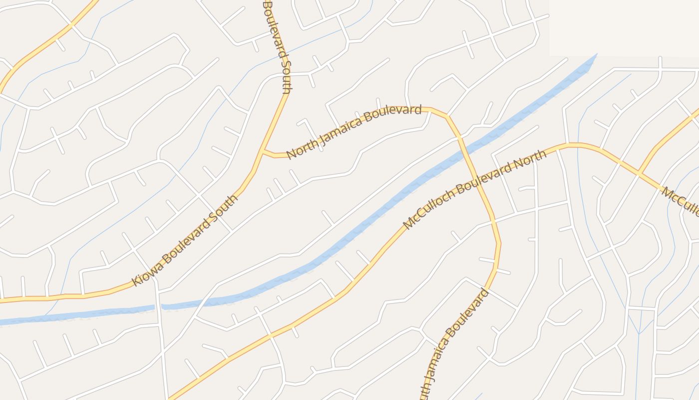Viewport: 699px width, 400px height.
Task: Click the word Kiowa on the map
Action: click(143, 274)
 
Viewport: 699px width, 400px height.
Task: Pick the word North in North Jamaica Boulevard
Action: click(301, 148)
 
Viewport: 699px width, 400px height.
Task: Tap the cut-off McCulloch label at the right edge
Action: click(681, 200)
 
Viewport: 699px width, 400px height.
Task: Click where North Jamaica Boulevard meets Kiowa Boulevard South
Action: click(261, 150)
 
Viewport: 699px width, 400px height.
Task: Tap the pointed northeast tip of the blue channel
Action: click(596, 54)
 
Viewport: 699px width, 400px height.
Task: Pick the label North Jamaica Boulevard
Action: click(354, 131)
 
